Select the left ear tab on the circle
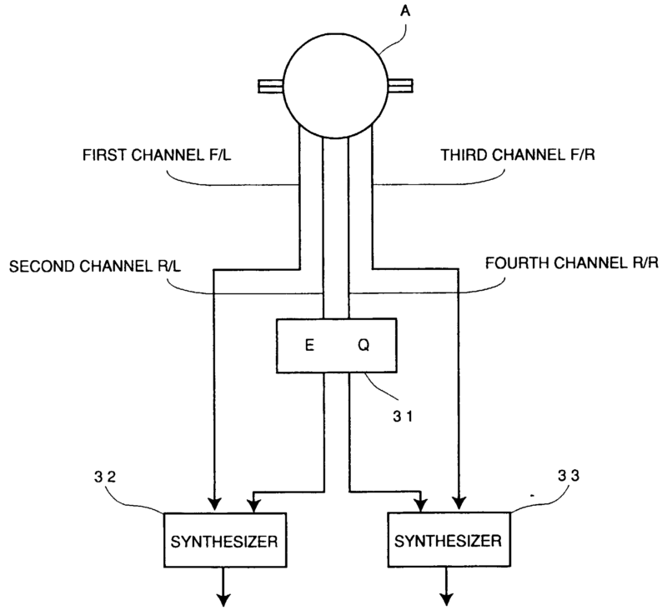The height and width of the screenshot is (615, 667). coord(270,85)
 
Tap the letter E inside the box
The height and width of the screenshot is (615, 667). coord(308,345)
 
